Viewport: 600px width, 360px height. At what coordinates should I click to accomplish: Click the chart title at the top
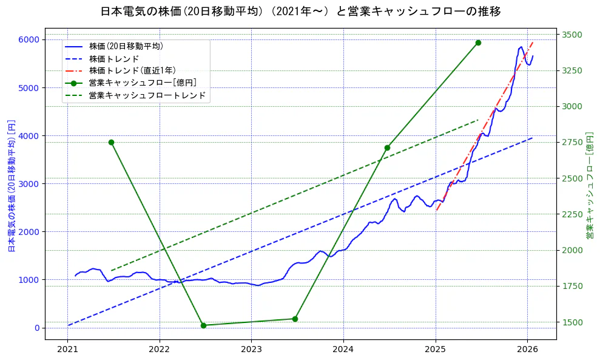pos(300,12)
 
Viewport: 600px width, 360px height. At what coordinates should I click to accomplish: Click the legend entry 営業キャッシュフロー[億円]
pos(142,83)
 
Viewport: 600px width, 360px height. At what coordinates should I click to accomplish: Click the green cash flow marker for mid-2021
pos(111,142)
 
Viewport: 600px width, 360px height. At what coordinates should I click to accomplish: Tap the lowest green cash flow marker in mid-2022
pos(203,325)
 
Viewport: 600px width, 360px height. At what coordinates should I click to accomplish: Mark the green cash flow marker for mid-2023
pos(295,319)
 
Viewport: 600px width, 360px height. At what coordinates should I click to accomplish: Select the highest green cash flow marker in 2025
pos(478,42)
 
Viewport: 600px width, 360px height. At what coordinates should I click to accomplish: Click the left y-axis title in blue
pos(11,185)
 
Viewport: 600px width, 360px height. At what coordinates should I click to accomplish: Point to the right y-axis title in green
pos(589,185)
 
